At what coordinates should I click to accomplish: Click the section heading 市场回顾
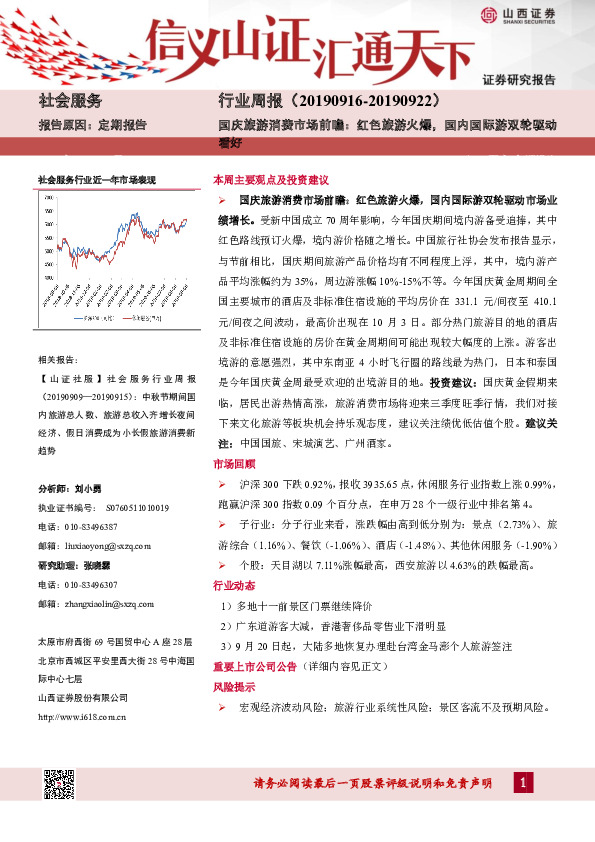(x=232, y=465)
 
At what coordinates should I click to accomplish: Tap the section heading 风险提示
(x=232, y=688)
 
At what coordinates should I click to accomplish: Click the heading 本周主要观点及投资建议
(x=271, y=180)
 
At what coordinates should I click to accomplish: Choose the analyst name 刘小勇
(x=89, y=489)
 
